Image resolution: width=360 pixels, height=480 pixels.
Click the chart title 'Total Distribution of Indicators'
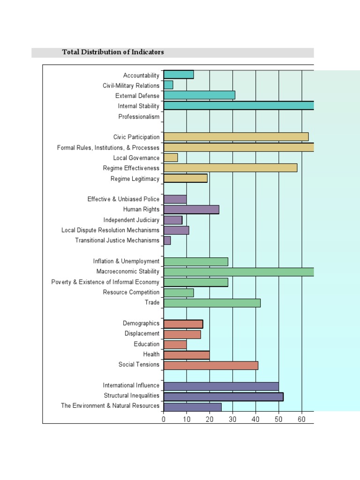coord(113,52)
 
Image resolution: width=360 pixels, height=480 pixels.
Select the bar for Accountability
coord(179,75)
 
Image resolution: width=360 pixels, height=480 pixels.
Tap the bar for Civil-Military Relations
coord(168,85)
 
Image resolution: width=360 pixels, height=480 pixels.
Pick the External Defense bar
coord(199,95)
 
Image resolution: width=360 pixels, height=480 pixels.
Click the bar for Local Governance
coord(171,157)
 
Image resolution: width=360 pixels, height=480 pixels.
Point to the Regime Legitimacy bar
coord(186,178)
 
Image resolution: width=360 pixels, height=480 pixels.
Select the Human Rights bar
coord(191,210)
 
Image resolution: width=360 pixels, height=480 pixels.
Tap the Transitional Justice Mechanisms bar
coord(167,240)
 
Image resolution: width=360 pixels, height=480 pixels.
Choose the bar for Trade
coord(212,303)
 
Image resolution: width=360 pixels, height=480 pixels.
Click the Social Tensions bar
coord(211,365)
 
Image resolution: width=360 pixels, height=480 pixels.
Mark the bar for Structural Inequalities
coord(224,397)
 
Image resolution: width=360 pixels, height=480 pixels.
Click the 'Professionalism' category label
coord(139,117)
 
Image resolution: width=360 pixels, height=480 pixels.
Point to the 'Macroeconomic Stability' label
coord(128,271)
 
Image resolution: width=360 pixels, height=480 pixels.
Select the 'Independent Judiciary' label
coord(131,220)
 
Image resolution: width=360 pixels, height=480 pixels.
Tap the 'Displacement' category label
coord(142,334)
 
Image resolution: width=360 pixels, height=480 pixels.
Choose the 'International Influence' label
coord(131,385)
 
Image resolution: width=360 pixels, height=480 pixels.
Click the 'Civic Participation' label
coord(136,137)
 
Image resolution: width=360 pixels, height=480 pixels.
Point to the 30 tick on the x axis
coord(232,419)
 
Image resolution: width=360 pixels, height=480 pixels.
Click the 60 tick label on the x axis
coord(302,419)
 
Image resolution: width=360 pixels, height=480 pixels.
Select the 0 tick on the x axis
coord(164,419)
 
